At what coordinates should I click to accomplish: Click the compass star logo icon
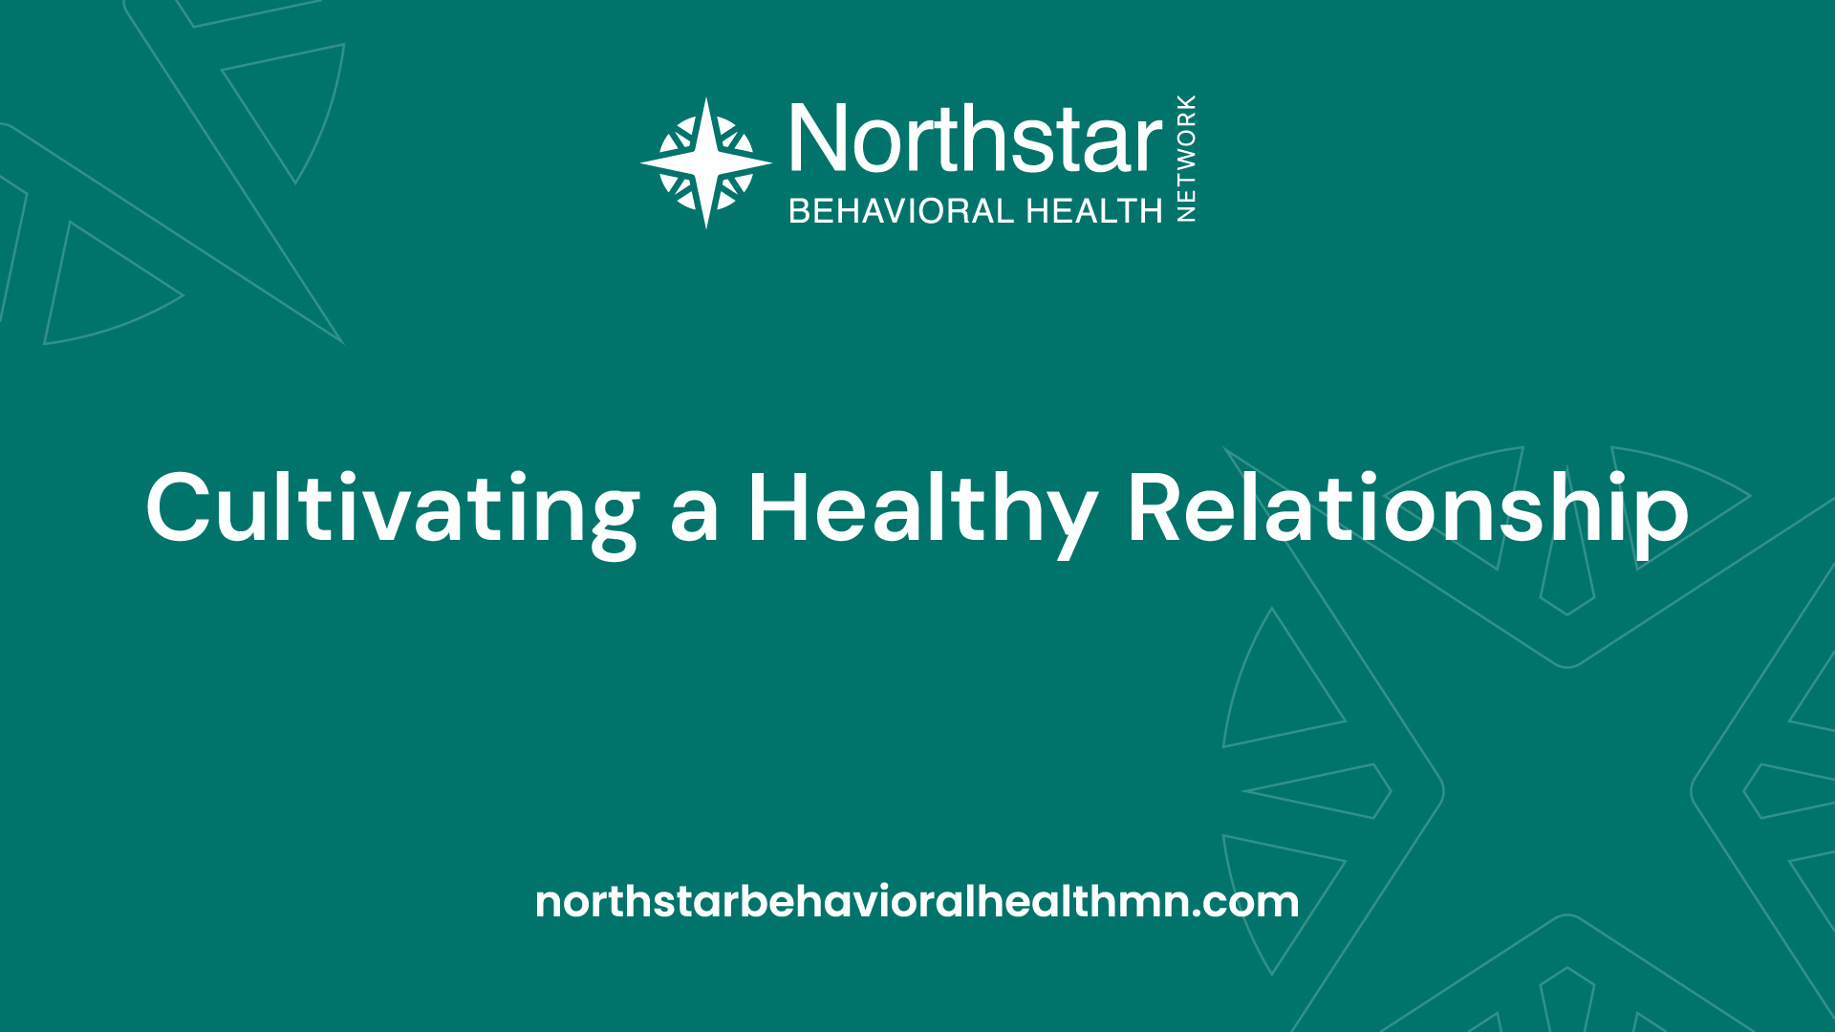706,163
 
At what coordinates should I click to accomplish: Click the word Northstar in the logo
976,140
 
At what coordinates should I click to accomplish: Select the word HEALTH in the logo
1094,210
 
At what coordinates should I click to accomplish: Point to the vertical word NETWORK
1186,159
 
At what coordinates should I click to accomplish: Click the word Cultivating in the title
393,510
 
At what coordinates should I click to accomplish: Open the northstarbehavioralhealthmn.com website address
917,901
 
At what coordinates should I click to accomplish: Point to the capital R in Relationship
1158,508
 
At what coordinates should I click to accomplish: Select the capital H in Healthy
780,508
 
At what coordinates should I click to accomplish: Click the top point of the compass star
706,98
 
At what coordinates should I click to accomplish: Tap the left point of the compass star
642,163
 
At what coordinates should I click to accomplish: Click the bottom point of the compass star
706,227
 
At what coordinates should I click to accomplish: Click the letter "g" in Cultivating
612,524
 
